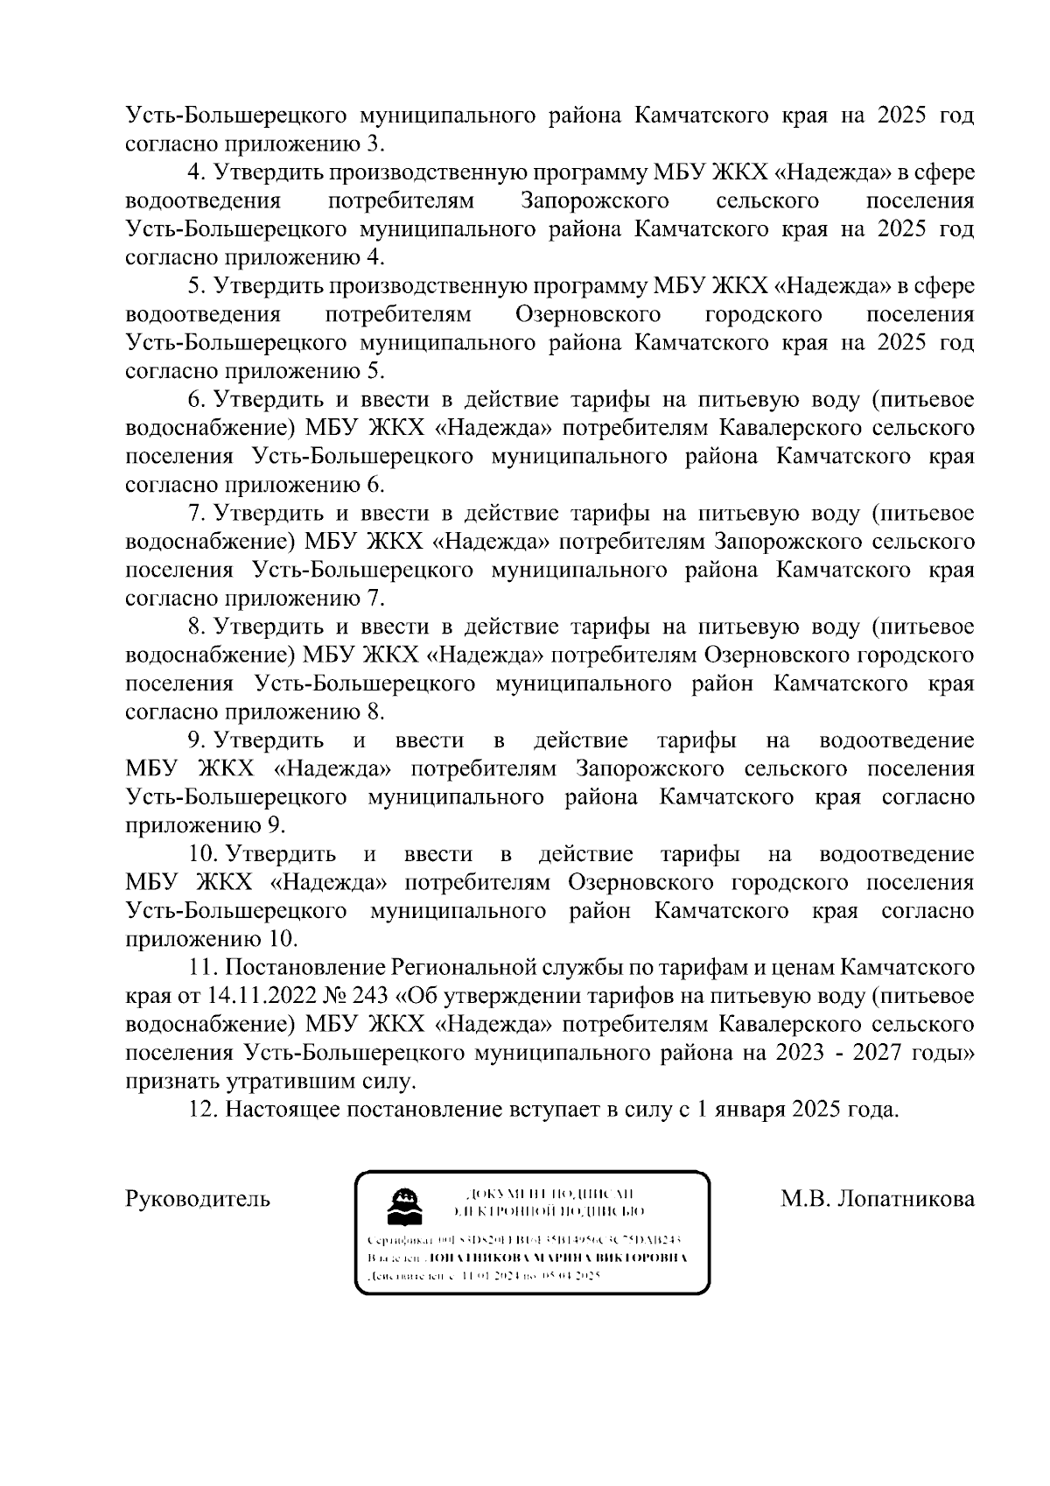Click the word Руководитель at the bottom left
pos(198,1198)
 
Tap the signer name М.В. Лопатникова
pos(878,1198)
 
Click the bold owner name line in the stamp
pos(528,1258)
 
